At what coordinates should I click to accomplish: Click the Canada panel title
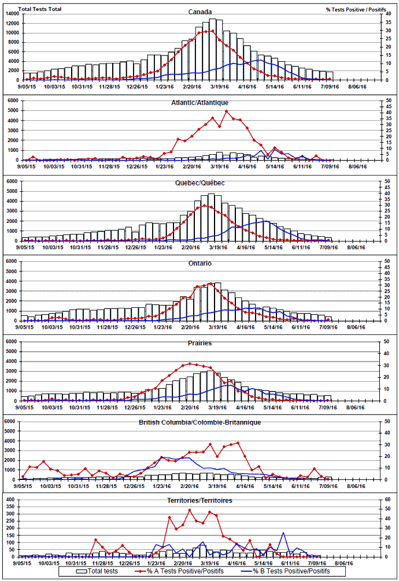click(200, 12)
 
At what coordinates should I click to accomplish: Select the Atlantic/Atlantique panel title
click(200, 102)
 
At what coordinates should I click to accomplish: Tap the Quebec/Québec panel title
click(200, 183)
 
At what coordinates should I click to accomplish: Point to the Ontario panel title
click(200, 263)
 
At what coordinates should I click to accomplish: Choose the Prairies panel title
click(200, 343)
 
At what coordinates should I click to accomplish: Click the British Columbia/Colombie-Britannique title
click(200, 423)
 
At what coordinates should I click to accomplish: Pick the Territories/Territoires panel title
click(200, 500)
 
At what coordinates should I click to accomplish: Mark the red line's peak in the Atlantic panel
click(227, 111)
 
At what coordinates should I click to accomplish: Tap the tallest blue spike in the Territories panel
click(283, 533)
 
